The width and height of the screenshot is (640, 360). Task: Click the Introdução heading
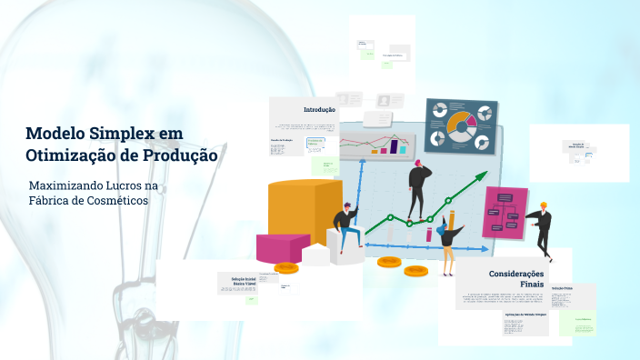319,109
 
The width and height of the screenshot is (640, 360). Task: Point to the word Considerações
515,274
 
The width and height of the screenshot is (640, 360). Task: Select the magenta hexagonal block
282,246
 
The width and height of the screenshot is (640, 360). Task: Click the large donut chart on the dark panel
462,124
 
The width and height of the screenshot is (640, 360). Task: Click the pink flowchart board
505,211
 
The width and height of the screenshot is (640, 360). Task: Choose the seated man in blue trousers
347,227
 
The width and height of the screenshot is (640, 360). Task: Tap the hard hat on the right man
544,205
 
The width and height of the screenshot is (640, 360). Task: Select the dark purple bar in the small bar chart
395,145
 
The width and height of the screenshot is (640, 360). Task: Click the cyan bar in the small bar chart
383,147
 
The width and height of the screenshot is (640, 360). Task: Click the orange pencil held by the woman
451,219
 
